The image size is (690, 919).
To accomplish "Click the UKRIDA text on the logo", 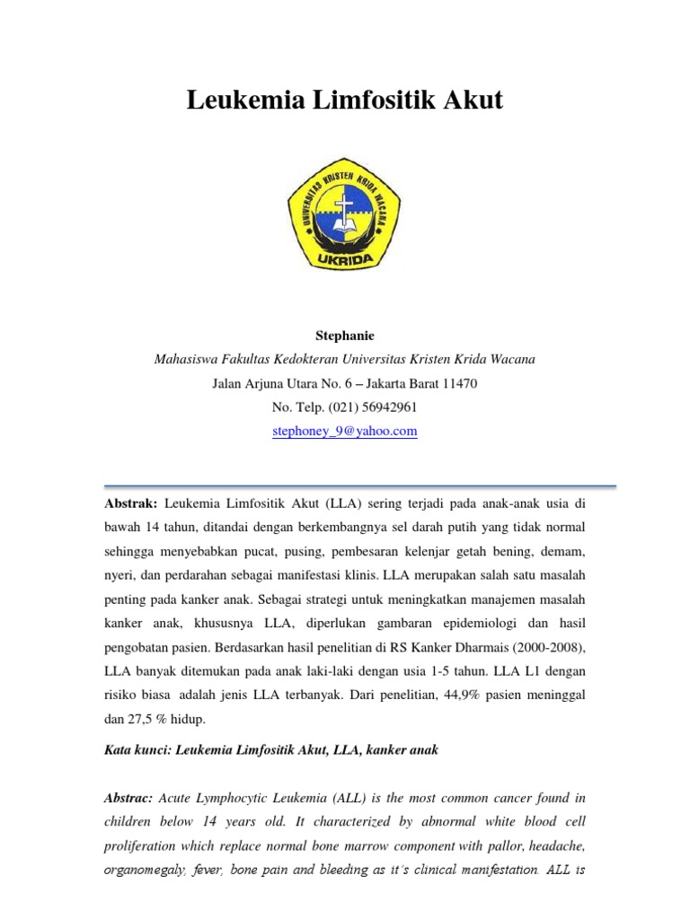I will (x=344, y=261).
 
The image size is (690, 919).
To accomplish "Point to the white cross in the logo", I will (x=345, y=208).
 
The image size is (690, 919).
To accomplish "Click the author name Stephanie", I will (x=344, y=336).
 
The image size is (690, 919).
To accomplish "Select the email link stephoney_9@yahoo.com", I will (x=344, y=432).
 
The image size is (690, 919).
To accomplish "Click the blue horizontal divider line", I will (x=344, y=486).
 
